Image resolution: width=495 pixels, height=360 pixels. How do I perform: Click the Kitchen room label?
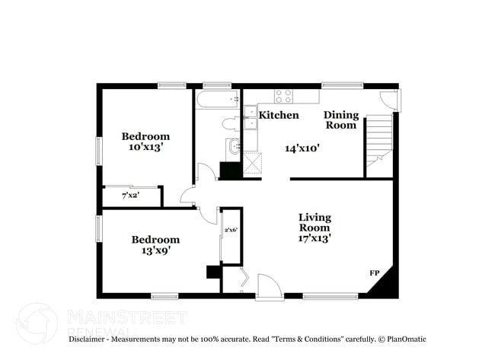click(x=279, y=115)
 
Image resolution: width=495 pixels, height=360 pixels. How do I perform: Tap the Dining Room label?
click(x=340, y=120)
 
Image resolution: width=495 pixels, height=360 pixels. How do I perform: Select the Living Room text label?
click(x=314, y=222)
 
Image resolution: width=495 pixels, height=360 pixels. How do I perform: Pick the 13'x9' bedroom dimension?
click(x=155, y=250)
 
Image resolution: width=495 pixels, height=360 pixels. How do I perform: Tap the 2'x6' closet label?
click(x=231, y=230)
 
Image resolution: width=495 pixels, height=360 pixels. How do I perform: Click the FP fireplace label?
click(x=375, y=272)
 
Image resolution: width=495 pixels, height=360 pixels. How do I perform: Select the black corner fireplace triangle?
click(x=386, y=284)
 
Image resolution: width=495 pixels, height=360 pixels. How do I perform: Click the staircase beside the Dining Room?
click(x=379, y=140)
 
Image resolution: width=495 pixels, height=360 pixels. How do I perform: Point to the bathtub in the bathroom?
click(x=218, y=100)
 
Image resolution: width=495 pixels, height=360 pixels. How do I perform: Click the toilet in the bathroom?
click(x=230, y=123)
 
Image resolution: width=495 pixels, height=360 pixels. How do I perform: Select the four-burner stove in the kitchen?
click(x=283, y=96)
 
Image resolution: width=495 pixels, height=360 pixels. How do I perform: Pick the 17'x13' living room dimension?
click(x=314, y=238)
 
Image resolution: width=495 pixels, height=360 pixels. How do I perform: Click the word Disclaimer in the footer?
click(x=90, y=339)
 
